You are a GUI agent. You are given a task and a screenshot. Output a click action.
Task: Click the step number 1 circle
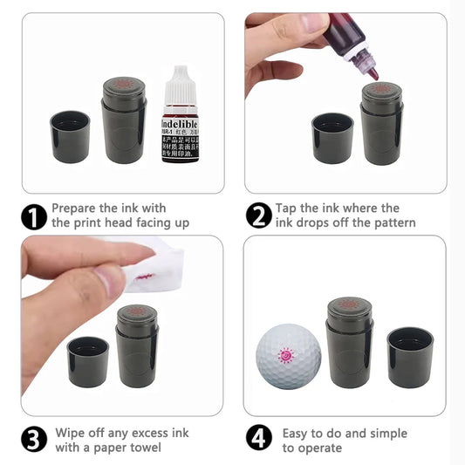coord(34,215)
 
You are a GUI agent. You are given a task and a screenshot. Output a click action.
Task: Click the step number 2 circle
coord(259,215)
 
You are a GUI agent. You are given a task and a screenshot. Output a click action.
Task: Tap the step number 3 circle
coord(34,440)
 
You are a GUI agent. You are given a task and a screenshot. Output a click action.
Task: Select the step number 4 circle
coord(259,440)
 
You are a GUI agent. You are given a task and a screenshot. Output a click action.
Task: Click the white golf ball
coord(288,356)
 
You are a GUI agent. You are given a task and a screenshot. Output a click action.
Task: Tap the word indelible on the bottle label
coord(181,126)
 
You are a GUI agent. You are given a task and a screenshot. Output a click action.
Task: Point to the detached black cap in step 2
coord(332,137)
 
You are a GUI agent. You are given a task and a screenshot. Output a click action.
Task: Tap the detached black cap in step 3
coord(88,361)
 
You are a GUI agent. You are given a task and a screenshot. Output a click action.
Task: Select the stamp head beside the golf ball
coord(350,305)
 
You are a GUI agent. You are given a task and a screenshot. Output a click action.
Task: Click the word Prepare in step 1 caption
coord(76,209)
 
